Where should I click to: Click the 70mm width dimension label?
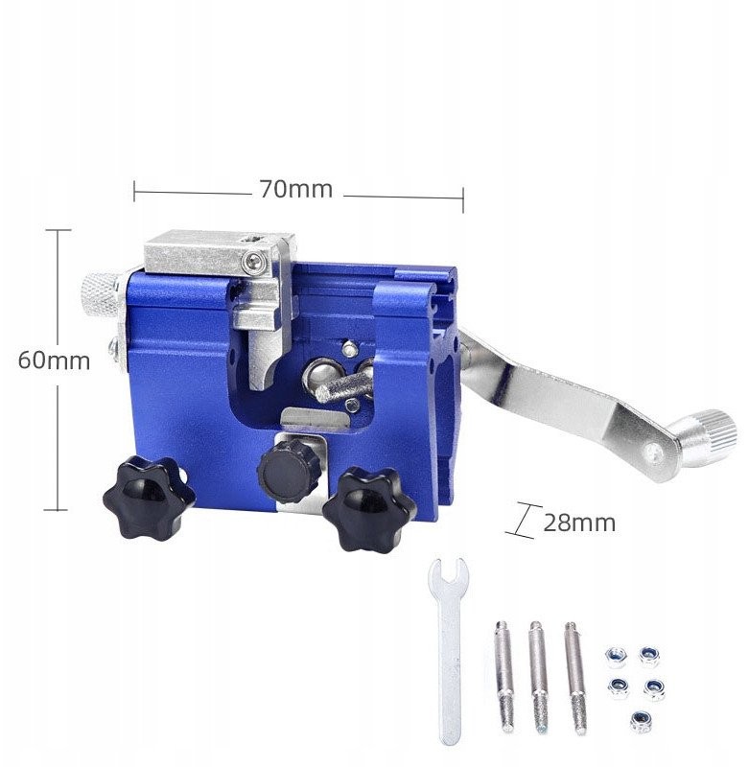296,189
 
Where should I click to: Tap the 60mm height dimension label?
54,360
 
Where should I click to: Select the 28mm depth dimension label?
579,523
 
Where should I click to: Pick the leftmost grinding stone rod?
504,677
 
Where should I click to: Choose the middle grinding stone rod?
538,678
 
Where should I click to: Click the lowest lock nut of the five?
640,721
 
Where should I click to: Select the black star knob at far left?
149,495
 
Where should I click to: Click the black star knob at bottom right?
369,509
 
